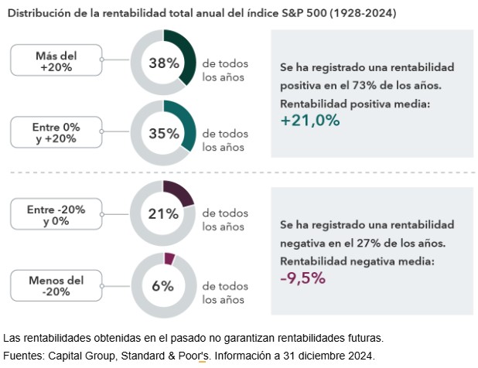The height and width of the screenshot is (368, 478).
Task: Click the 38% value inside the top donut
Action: [x=163, y=63]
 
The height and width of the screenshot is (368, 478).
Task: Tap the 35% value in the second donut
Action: [x=163, y=133]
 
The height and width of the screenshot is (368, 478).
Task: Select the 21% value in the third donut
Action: [x=163, y=214]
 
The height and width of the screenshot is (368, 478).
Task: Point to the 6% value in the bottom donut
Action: [x=163, y=285]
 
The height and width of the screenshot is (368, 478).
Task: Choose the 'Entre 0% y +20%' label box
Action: [x=57, y=132]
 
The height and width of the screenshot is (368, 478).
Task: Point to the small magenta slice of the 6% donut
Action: [x=170, y=259]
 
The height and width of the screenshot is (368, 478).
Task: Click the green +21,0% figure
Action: [x=310, y=120]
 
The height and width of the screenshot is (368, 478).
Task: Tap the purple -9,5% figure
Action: [x=302, y=278]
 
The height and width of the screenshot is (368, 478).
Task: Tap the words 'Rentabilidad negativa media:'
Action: [x=357, y=261]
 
